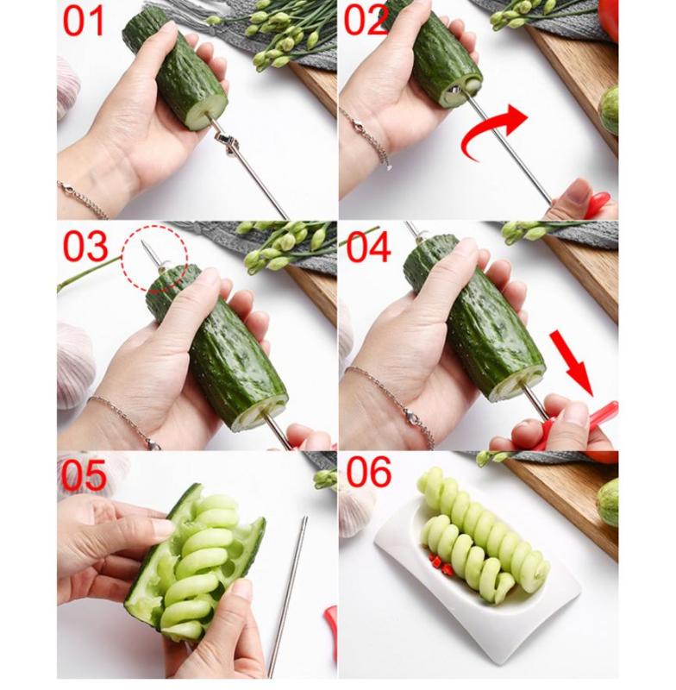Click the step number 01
83,21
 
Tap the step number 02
366,20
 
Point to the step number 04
368,248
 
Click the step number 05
84,475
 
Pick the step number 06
368,472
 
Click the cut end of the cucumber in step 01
207,113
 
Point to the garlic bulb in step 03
75,366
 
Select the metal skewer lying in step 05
287,596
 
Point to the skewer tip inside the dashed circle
142,241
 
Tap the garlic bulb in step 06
357,508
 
